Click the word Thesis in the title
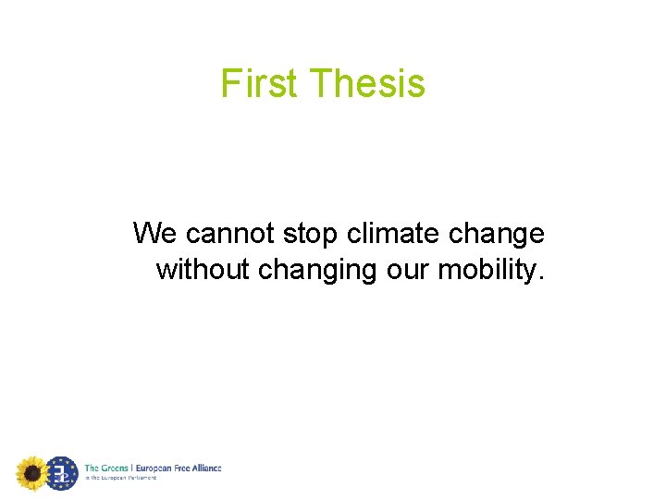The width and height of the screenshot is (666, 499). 368,83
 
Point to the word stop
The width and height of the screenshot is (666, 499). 310,234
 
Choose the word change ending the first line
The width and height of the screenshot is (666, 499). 498,233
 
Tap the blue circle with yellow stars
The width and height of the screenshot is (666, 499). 62,472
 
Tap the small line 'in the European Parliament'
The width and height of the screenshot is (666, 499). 120,478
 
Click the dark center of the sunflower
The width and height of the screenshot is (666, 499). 31,474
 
